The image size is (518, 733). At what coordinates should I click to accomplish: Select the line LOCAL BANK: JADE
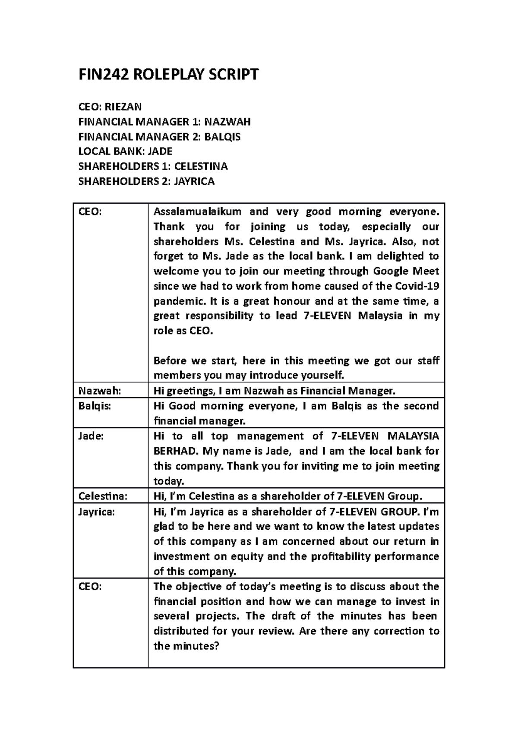click(x=125, y=152)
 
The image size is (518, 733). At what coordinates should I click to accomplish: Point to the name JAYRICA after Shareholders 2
click(x=194, y=181)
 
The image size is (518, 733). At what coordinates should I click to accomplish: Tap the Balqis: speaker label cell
click(x=95, y=406)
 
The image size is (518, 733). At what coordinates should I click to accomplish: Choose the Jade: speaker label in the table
click(x=91, y=436)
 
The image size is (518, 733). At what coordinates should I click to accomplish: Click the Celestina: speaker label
click(x=103, y=496)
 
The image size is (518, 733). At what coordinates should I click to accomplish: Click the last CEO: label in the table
click(x=90, y=586)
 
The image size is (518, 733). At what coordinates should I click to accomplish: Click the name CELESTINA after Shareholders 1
click(x=201, y=167)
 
